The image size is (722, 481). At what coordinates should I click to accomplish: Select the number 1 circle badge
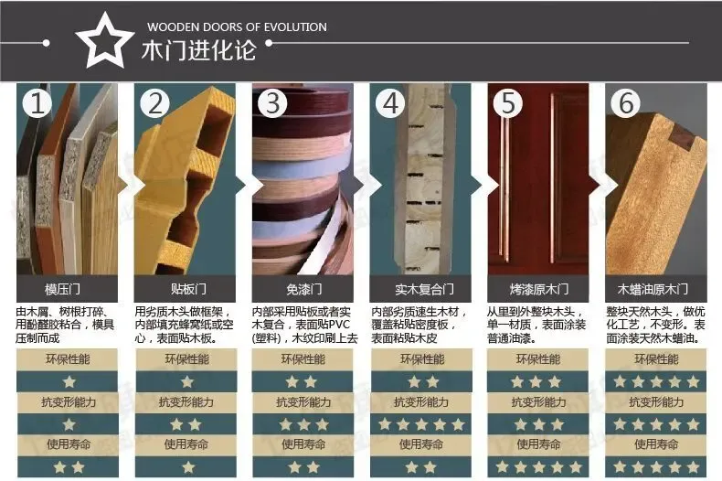pos(38,103)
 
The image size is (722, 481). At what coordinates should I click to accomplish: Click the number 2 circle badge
pos(155,103)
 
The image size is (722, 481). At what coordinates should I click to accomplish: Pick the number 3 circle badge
pos(273,103)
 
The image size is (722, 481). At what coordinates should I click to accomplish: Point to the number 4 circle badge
pos(391,103)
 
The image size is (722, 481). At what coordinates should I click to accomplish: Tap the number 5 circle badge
pos(509,103)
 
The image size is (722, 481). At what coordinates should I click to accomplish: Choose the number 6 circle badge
pos(627,103)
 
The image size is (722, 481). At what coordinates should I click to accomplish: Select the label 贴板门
pos(186,290)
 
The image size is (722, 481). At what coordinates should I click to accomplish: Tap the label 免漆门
pos(303,290)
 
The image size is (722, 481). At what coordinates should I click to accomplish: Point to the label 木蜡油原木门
pos(656,290)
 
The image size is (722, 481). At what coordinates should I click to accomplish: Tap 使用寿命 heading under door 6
pos(656,444)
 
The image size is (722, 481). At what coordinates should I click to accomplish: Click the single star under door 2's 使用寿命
pos(186,466)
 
